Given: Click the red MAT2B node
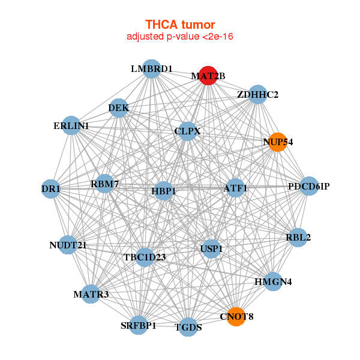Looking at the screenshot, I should (x=208, y=76).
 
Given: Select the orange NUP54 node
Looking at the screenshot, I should (x=277, y=142).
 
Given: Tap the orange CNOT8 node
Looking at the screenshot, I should (x=236, y=316).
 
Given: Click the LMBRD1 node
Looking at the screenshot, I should (x=152, y=69).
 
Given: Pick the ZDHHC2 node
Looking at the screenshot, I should (x=257, y=94).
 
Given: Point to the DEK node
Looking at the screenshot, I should (x=119, y=108).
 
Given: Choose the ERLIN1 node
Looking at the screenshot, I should (x=71, y=125).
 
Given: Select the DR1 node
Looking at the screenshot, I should (x=51, y=189).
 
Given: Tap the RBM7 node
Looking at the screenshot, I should (x=105, y=183).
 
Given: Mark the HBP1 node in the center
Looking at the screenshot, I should (x=164, y=191).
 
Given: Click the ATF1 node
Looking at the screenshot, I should (x=235, y=188).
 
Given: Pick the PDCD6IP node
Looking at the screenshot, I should (x=308, y=186).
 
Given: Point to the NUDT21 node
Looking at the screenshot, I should (x=68, y=245).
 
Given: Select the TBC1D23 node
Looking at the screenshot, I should (x=145, y=257).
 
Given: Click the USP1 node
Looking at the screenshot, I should (x=211, y=248).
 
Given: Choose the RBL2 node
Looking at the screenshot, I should (x=299, y=237).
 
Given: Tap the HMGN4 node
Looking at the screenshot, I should (x=273, y=281).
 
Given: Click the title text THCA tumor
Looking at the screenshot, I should (x=180, y=25).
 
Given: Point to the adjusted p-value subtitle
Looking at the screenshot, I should (x=180, y=37).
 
